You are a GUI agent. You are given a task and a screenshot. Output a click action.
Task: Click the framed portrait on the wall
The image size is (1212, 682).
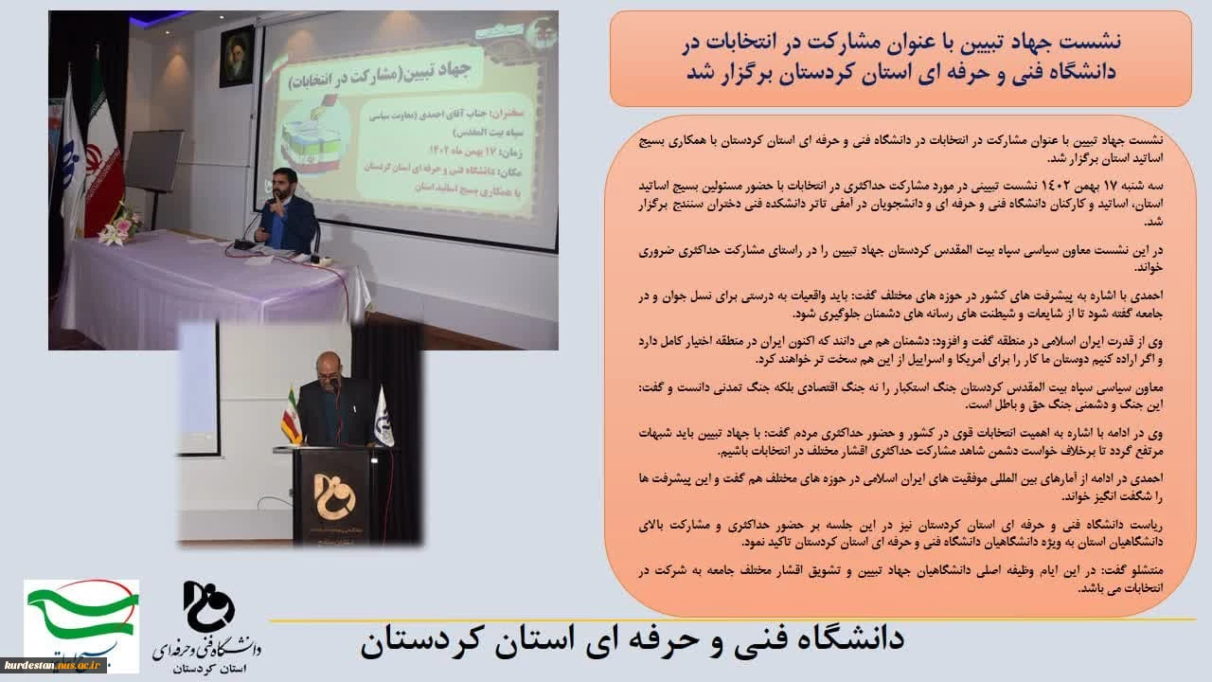click(237, 56)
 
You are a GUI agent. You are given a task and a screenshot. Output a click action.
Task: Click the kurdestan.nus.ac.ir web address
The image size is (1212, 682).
click(55, 664)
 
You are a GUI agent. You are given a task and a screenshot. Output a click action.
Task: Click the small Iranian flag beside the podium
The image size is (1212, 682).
click(292, 417)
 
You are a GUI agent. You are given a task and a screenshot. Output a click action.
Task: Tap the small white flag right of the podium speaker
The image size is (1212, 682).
click(384, 417)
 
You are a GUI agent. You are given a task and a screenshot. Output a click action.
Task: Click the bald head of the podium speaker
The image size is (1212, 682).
click(327, 364)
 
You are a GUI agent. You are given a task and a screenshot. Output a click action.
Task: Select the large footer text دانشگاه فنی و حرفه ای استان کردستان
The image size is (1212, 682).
click(632, 639)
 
